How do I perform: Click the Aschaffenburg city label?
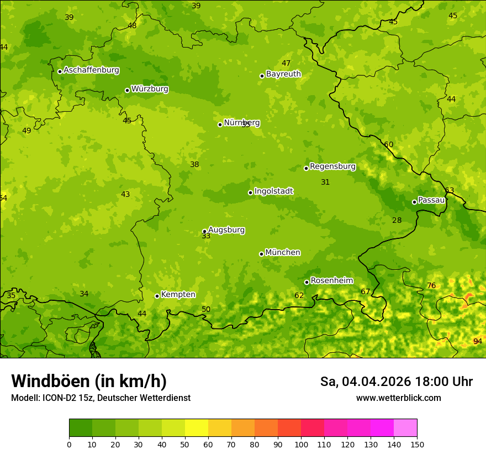point(91,70)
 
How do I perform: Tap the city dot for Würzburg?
point(127,90)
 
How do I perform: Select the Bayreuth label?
point(283,74)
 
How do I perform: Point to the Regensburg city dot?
point(306,168)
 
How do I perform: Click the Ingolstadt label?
point(273,191)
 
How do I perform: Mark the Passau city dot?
point(414,202)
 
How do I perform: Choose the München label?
point(283,252)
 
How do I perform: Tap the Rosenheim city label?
point(331,280)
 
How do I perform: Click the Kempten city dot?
point(157,296)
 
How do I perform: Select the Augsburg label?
point(226,229)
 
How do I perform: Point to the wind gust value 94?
point(478,341)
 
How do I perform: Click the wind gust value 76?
point(431,285)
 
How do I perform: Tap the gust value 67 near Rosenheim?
point(365,291)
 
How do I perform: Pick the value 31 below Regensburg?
point(325,182)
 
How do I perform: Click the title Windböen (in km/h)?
point(89,381)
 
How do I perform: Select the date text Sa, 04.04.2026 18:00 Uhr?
point(396,382)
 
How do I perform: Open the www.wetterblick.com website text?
point(398,398)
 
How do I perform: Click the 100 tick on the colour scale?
point(301,444)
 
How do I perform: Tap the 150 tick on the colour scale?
point(417,444)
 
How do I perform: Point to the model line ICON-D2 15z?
point(101,398)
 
